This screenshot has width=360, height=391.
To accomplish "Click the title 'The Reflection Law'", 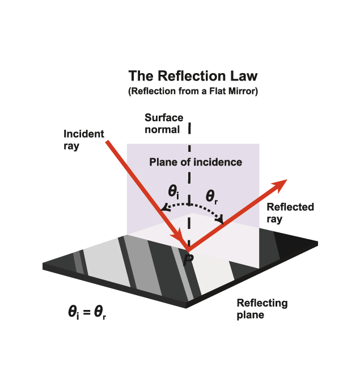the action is tap(193, 76).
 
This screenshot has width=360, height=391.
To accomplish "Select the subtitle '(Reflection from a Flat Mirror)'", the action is tap(193, 91).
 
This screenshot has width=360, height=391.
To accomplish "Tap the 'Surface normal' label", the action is tap(164, 124).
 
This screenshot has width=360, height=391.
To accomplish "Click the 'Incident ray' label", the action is tap(83, 140).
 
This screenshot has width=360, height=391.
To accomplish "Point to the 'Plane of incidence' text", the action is tap(196, 162).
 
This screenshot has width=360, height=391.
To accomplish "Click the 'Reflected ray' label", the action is tap(290, 213).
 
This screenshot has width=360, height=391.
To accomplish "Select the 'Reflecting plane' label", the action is tap(262, 309).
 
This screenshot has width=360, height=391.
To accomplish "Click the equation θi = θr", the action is tap(87, 312).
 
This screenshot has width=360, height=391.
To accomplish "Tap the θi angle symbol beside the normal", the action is tap(173, 192).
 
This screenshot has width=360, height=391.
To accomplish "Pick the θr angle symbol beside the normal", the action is tap(212, 197).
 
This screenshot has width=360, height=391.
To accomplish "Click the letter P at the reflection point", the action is tap(188, 260).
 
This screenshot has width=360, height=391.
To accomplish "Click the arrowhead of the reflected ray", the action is tap(280, 185).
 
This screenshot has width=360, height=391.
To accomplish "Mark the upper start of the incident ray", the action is tap(107, 142).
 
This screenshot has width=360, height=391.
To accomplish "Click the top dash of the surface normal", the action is tap(189, 128).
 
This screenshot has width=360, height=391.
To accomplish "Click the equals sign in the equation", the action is tap(87, 312).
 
